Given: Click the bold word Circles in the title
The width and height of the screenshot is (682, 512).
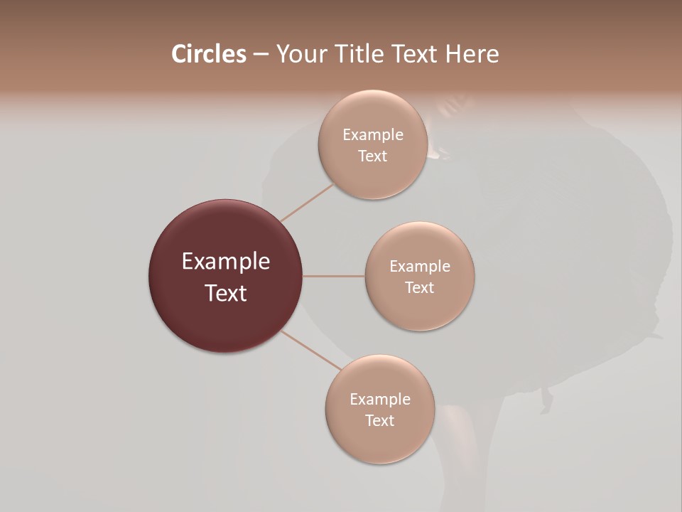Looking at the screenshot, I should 208,54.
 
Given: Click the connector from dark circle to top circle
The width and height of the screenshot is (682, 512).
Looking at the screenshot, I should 308,202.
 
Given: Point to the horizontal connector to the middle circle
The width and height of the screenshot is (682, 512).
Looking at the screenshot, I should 333,276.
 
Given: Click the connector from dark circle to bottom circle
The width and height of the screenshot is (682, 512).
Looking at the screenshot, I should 310,350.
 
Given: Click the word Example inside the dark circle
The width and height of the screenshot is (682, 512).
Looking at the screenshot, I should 225,262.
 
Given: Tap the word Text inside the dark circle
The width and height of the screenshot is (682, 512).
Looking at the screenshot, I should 225,293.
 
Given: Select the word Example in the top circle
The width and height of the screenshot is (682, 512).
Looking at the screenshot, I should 372,135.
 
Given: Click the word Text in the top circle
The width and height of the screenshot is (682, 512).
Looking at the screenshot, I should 372,156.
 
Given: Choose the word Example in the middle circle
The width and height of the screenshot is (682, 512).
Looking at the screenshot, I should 419,267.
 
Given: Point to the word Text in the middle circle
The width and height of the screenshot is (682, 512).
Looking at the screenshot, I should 419,288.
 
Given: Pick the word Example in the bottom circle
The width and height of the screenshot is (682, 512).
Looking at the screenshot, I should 379,400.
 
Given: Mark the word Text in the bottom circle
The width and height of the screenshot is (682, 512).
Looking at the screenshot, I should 379,421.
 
